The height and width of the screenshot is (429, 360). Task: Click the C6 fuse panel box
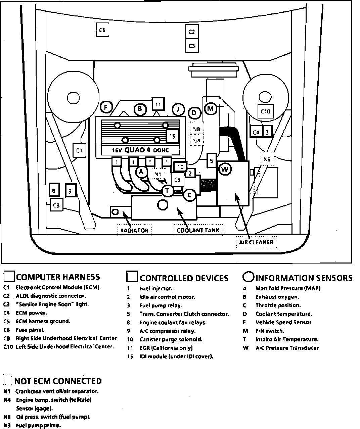coord(102,30)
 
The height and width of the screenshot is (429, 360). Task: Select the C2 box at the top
coord(191,32)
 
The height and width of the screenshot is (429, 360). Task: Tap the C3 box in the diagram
coord(191,45)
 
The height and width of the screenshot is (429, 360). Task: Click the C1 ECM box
coord(79,150)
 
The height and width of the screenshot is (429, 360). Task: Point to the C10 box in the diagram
coord(265,111)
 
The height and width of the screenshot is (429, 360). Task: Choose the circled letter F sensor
coord(106,107)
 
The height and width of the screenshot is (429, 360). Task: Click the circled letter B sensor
coord(140,109)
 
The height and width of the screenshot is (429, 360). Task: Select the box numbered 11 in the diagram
coord(158,104)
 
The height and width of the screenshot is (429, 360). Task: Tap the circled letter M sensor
coord(211,108)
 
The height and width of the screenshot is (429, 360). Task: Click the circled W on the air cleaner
coord(225,169)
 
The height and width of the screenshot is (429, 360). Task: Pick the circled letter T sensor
coord(167,191)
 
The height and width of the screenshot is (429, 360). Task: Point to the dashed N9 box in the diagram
coord(267,159)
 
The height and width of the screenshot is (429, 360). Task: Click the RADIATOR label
coord(134,230)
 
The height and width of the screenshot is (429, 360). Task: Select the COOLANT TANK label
coord(198,230)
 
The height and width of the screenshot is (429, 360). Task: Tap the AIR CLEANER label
coord(256,242)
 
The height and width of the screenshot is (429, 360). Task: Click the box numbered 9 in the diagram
coord(70,191)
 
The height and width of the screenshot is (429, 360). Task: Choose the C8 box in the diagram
coord(56,205)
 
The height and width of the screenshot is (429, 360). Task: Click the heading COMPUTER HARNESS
coord(58,277)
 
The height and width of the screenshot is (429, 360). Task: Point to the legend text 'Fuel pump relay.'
coord(161,305)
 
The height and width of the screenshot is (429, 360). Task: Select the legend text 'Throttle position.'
coord(278,305)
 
